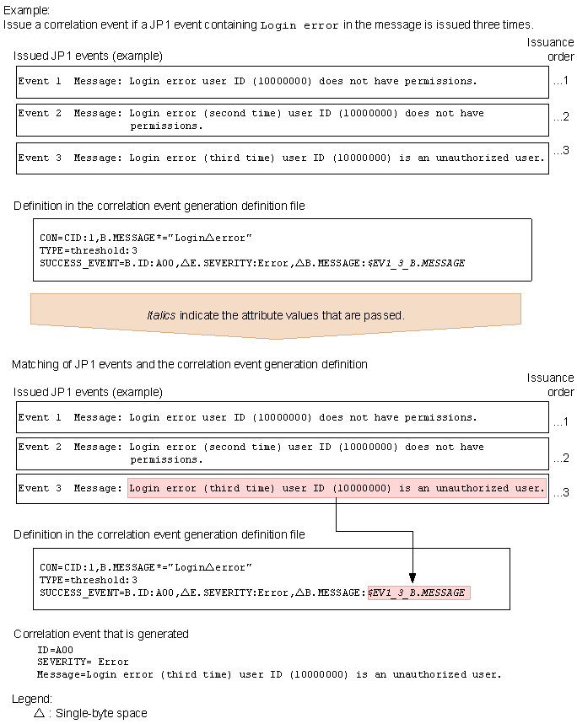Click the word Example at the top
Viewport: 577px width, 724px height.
pos(25,11)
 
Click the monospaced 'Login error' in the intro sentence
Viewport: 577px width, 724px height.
pos(299,26)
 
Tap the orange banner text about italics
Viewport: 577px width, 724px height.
pos(276,315)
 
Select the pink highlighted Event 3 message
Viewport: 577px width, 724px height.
pos(337,488)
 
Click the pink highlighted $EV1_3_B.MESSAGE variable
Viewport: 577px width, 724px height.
pos(418,593)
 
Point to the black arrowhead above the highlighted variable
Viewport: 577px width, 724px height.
pos(412,580)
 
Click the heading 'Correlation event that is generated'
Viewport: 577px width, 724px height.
pos(101,634)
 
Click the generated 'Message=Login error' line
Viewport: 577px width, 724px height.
pos(270,673)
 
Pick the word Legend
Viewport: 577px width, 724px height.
pos(32,699)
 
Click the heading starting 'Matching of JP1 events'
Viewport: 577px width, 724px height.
pos(190,364)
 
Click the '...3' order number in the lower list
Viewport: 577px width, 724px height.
pos(561,492)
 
